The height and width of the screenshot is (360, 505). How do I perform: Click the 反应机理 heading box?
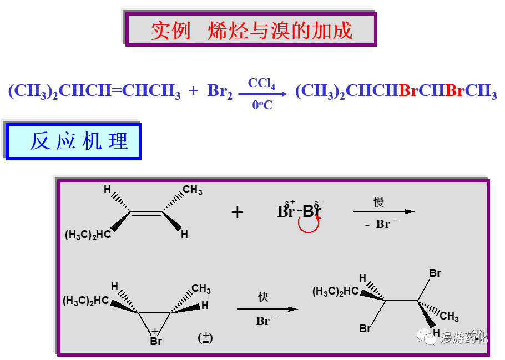click(x=74, y=141)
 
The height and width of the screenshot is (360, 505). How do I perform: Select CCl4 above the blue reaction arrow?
click(x=261, y=83)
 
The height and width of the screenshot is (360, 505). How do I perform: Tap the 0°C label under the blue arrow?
click(x=262, y=105)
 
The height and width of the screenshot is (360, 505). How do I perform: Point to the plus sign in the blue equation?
click(x=193, y=90)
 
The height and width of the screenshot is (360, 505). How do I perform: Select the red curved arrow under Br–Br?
click(x=309, y=224)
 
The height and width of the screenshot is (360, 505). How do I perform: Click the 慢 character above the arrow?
click(x=378, y=202)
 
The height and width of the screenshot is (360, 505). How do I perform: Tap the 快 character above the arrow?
click(x=263, y=297)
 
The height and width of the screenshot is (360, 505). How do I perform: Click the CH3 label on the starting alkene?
click(x=193, y=191)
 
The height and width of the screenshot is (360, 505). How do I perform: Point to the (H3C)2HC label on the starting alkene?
click(x=88, y=235)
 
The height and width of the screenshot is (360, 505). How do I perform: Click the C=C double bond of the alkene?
click(x=146, y=212)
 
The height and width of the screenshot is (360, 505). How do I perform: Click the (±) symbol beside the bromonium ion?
click(x=205, y=338)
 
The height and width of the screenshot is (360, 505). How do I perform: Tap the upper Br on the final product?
click(x=435, y=273)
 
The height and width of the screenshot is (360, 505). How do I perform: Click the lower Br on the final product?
click(x=365, y=328)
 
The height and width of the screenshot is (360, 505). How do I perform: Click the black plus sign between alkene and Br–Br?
click(x=238, y=212)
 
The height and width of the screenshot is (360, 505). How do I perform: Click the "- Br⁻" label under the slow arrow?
click(x=378, y=225)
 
